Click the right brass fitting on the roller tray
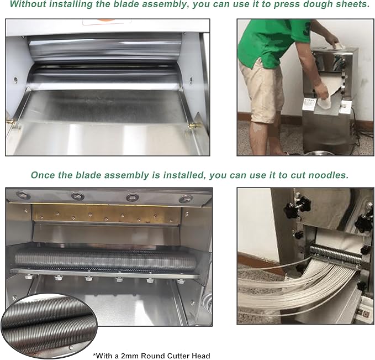point(193,126)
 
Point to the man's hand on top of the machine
point(335,40)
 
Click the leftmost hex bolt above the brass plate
point(23,195)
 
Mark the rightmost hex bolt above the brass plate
point(186,199)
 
